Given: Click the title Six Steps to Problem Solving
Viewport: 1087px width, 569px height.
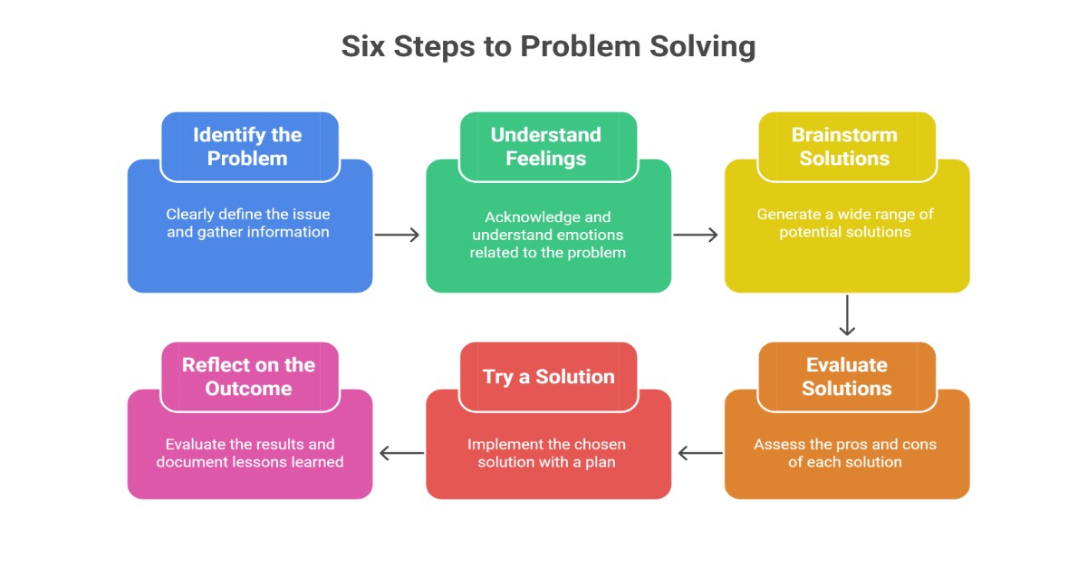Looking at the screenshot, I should coord(548,46).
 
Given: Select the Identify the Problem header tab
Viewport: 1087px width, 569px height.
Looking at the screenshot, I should coord(247,147).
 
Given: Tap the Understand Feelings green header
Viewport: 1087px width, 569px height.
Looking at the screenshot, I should coord(546,147).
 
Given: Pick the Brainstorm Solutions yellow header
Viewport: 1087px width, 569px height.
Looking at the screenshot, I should coord(844,147).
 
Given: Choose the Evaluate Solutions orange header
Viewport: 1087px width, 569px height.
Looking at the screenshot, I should coord(847,377).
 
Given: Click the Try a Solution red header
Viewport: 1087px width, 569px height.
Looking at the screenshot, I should coord(548,377).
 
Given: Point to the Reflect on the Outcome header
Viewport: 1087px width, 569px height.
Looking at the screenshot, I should coord(248,377).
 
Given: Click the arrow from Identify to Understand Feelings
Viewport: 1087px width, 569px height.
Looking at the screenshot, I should coord(398,236).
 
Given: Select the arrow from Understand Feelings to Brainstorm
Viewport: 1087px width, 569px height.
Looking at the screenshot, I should coord(696,236).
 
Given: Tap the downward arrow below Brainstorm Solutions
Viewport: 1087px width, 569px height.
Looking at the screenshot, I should coord(847,315).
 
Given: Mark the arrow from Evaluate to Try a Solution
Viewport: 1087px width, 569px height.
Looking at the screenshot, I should coord(699,453).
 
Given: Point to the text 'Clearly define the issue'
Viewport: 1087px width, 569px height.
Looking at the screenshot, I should coord(247,215).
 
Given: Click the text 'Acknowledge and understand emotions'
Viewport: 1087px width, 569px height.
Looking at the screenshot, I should coord(547,227).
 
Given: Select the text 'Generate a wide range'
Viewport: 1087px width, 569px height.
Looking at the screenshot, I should coord(845,215).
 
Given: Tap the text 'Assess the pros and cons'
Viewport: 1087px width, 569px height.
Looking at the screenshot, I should coord(845,445).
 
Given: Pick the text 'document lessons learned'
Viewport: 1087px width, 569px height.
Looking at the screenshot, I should coord(250,462).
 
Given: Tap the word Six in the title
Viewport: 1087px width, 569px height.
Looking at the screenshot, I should coord(362,46).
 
